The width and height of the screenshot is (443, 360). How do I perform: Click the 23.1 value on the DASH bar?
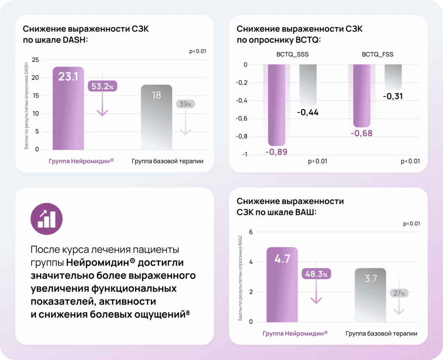pos(68,77)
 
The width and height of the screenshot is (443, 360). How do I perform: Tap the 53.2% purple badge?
pos(102,86)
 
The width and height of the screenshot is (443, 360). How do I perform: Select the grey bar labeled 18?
pos(156,117)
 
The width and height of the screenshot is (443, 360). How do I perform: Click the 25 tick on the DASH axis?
pos(35,60)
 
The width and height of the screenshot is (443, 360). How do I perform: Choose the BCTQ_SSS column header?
pos(292,54)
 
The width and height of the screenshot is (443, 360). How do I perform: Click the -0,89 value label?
pos(277,152)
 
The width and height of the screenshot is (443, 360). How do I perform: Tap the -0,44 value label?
pos(308,112)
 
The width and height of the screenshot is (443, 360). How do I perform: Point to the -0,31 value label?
pos(393,96)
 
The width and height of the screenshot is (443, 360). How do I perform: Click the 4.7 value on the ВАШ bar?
pos(282,259)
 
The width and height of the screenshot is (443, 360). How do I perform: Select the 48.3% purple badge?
pos(316,274)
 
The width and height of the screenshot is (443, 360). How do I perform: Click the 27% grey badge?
pos(399,293)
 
